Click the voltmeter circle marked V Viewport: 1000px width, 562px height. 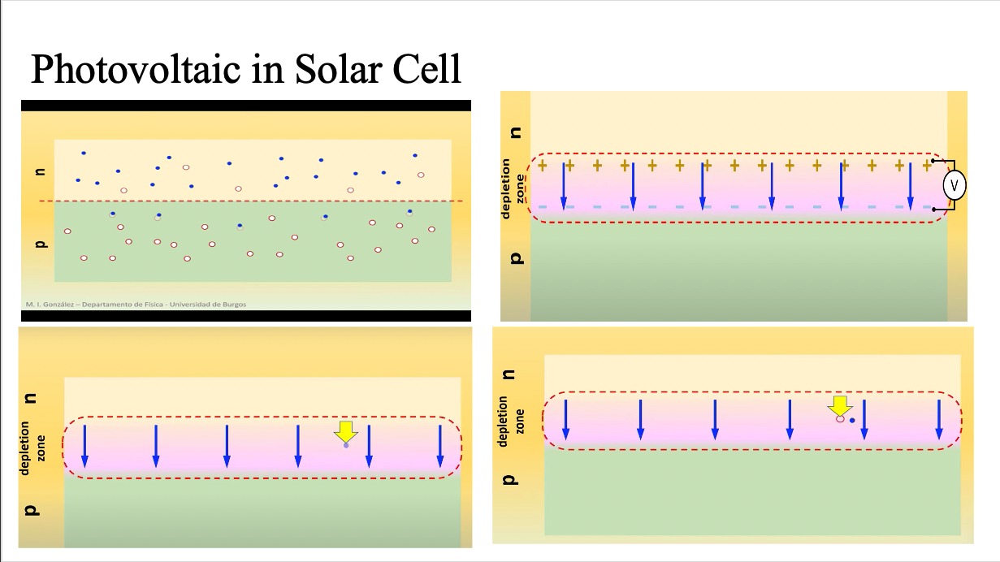click(955, 186)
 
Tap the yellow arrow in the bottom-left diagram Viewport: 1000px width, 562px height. click(346, 431)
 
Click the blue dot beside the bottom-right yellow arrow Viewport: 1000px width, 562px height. click(852, 421)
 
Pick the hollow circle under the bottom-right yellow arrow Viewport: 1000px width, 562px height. click(840, 419)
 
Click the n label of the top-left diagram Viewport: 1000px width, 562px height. click(40, 171)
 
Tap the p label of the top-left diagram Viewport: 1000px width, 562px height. click(40, 242)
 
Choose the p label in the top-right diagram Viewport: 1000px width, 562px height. click(513, 258)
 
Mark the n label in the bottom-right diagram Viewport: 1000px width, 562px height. click(509, 374)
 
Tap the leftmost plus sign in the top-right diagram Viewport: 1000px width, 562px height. click(542, 166)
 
